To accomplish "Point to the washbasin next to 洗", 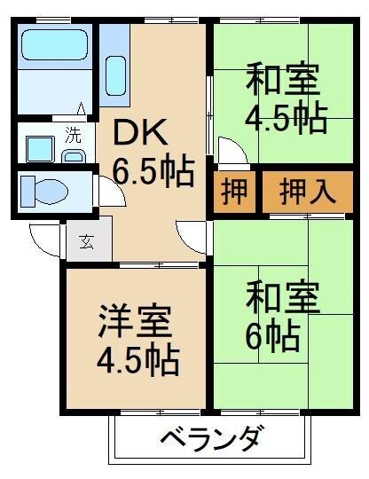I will pos(41,145).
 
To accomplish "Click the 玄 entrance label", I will pos(89,241).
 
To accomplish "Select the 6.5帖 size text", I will pos(153,170).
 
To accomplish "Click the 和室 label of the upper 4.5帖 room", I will pos(281,79).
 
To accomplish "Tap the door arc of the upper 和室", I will pos(227,151).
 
